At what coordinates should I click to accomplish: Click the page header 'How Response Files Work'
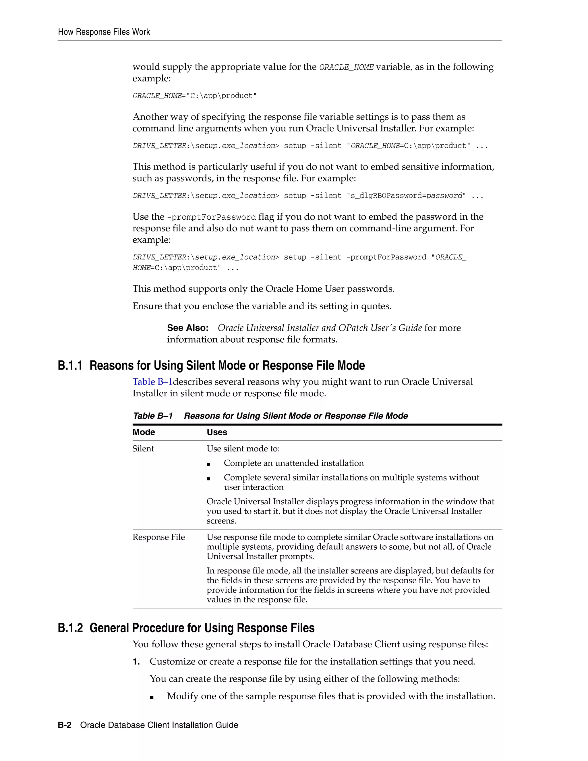click(104, 32)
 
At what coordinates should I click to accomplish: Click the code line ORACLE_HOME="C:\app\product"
click(194, 96)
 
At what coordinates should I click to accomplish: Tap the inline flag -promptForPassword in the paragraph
click(211, 217)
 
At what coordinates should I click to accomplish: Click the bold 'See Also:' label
click(187, 328)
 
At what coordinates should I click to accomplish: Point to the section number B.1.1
click(70, 366)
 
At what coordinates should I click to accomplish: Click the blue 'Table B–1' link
click(152, 382)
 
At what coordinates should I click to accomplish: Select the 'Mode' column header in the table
click(144, 432)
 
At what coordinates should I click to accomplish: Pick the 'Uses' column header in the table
click(217, 432)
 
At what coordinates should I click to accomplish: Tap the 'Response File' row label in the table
click(158, 537)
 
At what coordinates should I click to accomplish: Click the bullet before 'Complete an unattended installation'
click(208, 464)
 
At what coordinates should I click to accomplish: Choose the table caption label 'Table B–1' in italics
click(152, 416)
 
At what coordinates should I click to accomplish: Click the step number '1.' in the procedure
click(136, 662)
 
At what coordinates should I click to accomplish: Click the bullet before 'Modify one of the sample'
click(152, 698)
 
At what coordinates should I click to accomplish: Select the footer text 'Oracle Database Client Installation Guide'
click(159, 725)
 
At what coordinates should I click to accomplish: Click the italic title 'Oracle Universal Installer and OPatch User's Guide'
click(320, 328)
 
